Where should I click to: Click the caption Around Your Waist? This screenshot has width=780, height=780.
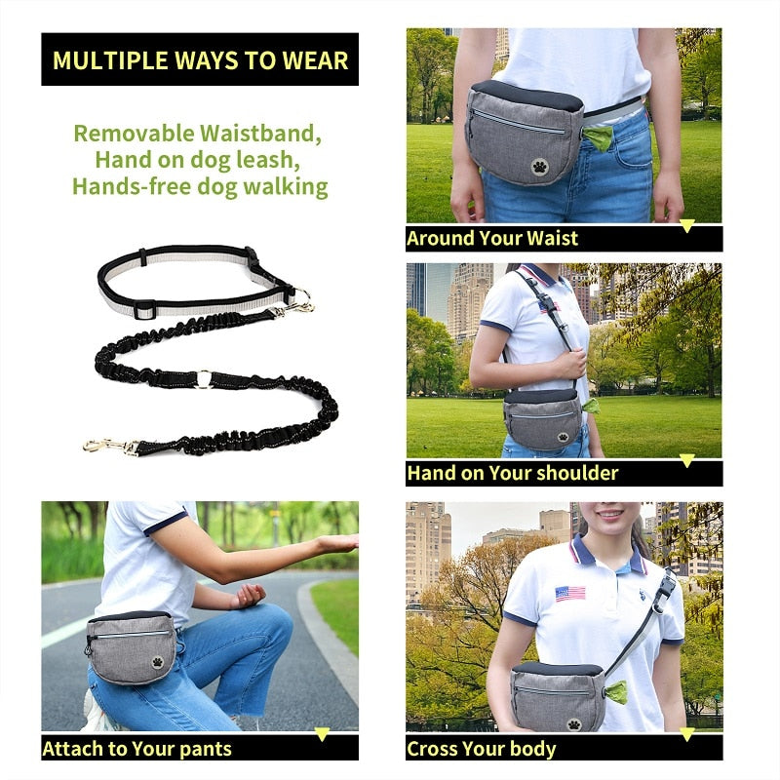pyautogui.click(x=492, y=239)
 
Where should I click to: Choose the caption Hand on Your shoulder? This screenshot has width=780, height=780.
pyautogui.click(x=513, y=474)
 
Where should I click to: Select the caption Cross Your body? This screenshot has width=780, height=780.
pyautogui.click(x=482, y=749)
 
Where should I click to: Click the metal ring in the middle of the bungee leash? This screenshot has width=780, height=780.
pyautogui.click(x=202, y=377)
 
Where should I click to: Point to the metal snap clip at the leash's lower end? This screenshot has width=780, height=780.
pyautogui.click(x=105, y=446)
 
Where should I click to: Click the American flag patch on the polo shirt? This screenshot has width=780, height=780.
pyautogui.click(x=570, y=593)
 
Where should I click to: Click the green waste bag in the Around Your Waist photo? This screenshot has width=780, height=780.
pyautogui.click(x=597, y=137)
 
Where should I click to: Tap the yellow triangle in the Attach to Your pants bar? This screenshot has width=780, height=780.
pyautogui.click(x=322, y=734)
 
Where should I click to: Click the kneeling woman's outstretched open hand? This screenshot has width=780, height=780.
pyautogui.click(x=336, y=543)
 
